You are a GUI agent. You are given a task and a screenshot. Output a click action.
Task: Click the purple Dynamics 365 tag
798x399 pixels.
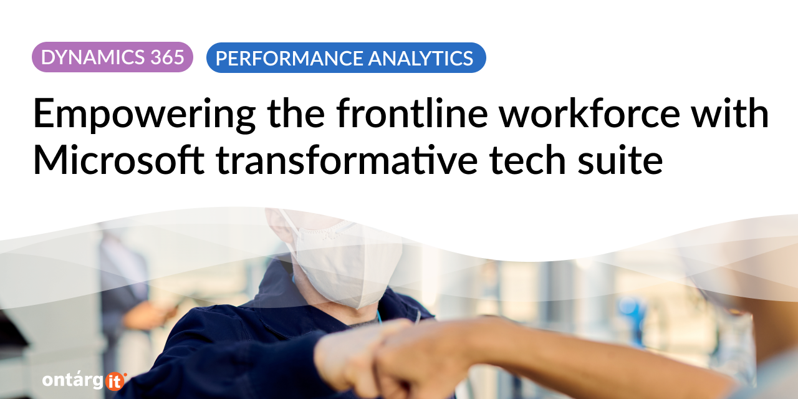113,57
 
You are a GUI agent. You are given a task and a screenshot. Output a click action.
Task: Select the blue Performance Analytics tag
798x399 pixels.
346,58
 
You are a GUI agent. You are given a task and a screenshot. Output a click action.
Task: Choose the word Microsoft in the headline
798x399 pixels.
118,160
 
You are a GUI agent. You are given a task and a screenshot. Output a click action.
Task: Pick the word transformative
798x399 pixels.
347,160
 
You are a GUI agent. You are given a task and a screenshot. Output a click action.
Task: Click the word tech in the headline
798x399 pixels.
528,160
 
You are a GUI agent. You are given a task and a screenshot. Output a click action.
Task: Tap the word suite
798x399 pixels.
620,160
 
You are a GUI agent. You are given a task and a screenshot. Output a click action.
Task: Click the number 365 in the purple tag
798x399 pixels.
167,57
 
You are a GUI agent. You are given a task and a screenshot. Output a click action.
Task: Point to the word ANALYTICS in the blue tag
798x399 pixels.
420,58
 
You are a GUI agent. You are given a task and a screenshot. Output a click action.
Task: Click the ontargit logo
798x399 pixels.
84,381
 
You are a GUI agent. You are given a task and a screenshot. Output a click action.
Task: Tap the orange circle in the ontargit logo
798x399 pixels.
115,382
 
